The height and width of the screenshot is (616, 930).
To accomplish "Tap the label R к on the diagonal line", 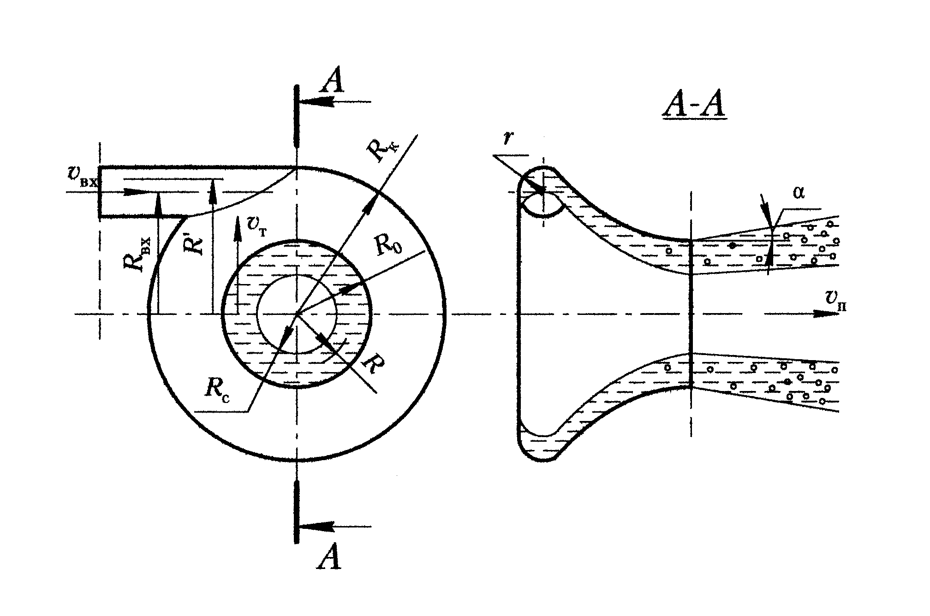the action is pyautogui.click(x=382, y=150).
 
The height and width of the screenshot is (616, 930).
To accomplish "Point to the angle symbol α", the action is pyautogui.click(x=799, y=193).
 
